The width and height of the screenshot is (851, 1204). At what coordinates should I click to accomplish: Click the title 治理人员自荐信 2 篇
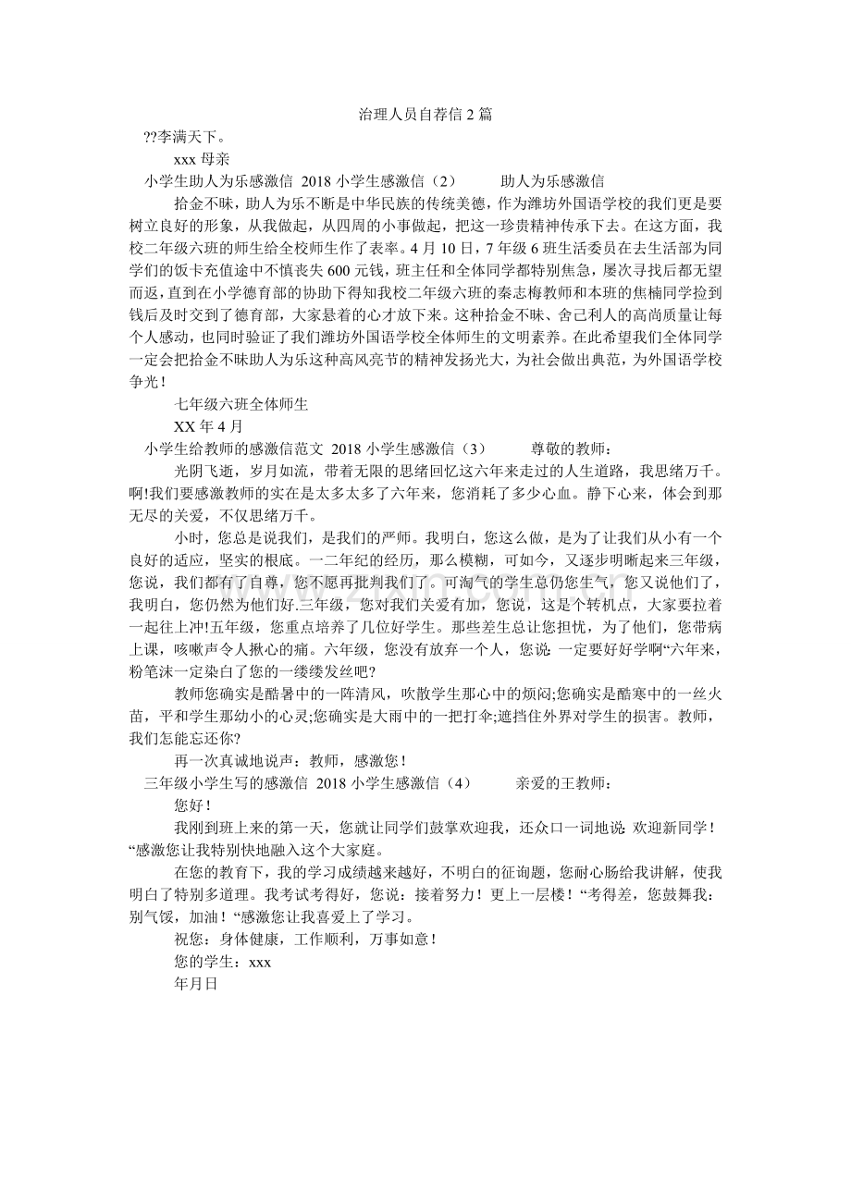tap(425, 115)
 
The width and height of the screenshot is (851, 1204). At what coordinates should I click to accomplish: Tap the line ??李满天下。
tap(173, 137)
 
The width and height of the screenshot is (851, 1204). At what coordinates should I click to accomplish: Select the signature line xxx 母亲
tap(203, 158)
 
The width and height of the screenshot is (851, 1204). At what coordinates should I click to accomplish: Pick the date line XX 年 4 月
tap(208, 426)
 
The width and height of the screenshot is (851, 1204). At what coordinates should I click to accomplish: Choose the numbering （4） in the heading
tap(452, 783)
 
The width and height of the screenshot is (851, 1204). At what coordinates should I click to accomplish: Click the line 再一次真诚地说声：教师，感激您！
tap(290, 761)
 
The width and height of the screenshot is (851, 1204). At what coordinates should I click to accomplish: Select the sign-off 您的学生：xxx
tap(222, 962)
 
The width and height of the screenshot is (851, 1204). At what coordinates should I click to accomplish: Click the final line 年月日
tap(195, 984)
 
